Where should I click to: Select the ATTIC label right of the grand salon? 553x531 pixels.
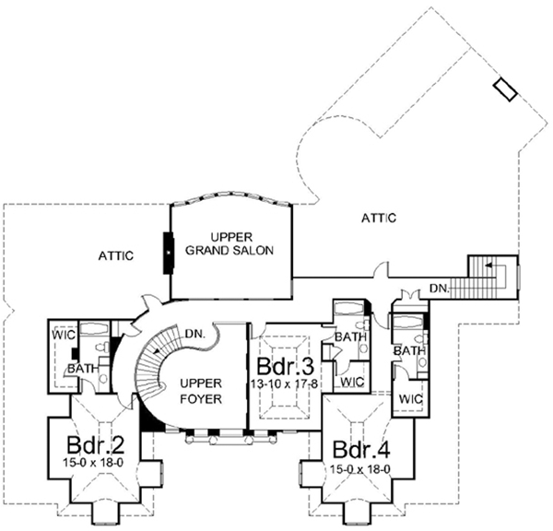[x=378, y=218]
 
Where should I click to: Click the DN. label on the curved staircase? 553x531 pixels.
[x=194, y=335]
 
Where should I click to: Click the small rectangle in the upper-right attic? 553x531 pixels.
[x=506, y=88]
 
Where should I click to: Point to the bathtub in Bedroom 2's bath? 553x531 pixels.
[x=94, y=327]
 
